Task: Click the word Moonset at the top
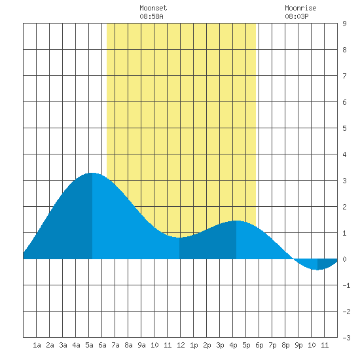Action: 153,8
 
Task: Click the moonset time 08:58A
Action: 151,16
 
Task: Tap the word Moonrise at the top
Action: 300,8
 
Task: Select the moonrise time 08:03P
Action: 297,16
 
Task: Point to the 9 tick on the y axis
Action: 344,24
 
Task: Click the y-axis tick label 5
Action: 344,128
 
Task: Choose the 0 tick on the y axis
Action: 344,259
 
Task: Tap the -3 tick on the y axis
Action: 346,338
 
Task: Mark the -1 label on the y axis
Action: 346,285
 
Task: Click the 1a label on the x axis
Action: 37,345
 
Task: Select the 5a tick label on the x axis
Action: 89,345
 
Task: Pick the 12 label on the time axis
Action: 181,345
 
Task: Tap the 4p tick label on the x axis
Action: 233,345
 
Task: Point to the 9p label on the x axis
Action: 298,345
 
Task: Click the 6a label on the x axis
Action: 102,345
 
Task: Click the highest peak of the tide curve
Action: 92,173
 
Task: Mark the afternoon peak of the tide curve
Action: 236,221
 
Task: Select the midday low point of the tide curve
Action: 179,238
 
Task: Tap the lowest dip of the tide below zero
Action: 317,270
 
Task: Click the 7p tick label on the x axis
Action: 272,345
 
